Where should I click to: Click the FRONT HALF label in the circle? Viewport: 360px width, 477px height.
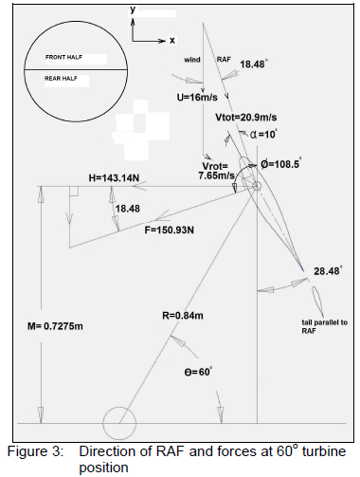[x=63, y=58]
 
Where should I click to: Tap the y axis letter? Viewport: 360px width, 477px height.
[x=134, y=9]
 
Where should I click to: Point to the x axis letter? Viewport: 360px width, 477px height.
[x=172, y=41]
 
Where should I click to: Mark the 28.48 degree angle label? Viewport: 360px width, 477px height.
[x=328, y=271]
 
